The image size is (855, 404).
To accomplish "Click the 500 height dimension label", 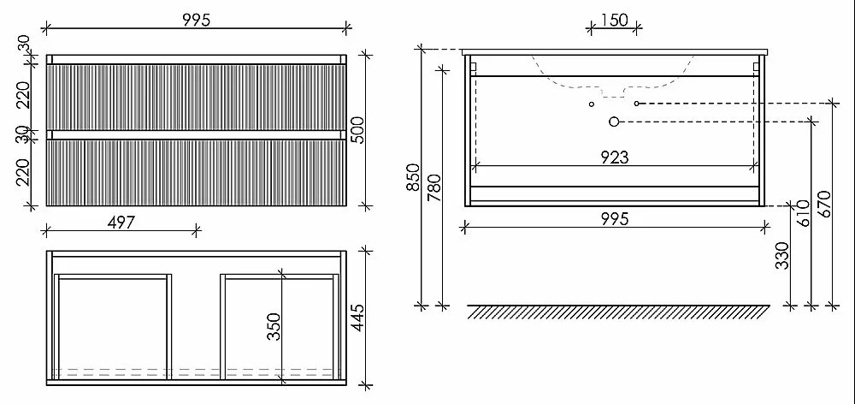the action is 357,130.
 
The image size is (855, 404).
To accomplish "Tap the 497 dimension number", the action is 121,223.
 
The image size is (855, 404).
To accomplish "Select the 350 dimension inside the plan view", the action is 274,326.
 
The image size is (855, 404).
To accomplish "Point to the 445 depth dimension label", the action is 357,318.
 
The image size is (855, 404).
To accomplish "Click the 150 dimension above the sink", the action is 614,21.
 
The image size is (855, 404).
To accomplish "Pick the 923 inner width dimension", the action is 615,157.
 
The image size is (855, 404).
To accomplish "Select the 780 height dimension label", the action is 434,187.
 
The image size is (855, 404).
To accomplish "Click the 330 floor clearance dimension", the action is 783,256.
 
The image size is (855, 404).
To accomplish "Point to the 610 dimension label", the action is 804,213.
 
